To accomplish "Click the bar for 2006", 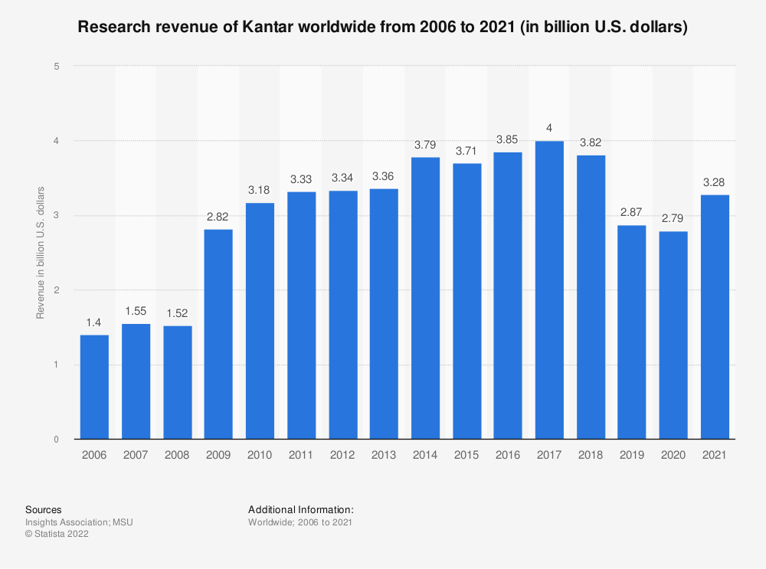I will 94,387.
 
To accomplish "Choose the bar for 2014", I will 425,298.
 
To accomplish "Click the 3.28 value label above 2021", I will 715,182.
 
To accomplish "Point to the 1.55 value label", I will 136,311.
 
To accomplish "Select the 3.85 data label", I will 508,139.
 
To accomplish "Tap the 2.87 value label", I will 632,212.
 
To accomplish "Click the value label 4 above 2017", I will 549,128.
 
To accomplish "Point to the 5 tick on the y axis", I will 57,67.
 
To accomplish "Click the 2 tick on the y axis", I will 57,290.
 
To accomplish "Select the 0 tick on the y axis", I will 57,440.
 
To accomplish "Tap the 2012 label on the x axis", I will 342,455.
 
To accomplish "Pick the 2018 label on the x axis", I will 591,455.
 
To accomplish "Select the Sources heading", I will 44,509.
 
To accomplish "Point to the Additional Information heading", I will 300,509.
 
